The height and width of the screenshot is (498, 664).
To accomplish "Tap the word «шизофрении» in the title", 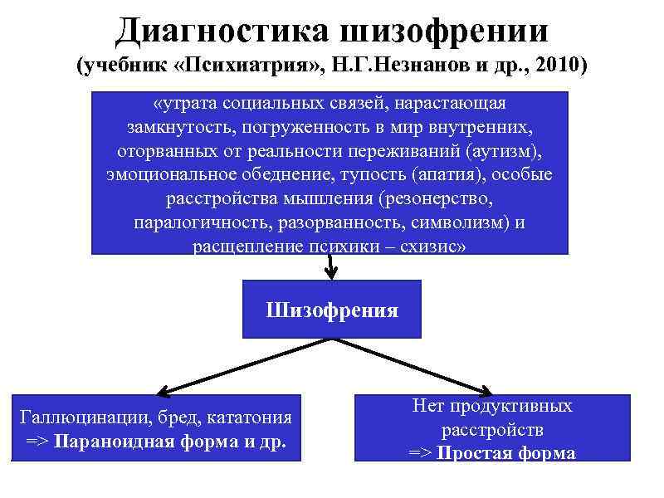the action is coord(445,31).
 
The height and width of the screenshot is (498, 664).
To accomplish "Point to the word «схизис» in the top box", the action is coord(431,247).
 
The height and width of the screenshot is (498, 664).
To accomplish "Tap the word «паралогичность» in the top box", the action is coord(190,223).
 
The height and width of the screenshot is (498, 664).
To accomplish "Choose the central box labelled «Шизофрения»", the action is coord(331,310).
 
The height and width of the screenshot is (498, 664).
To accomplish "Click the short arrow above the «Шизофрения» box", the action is coord(331,267).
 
